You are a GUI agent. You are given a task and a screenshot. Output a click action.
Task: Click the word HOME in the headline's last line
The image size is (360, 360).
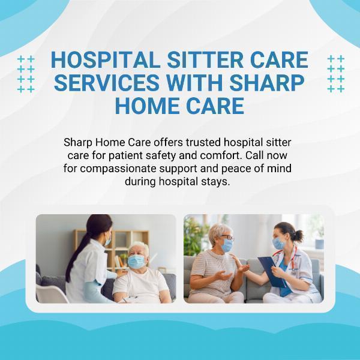147,106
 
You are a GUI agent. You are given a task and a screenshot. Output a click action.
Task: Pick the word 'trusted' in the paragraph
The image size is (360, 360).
203,142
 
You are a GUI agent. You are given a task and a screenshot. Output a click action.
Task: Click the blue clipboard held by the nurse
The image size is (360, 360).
272,272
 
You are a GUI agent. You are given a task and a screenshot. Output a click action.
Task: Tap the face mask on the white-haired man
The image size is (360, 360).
136,261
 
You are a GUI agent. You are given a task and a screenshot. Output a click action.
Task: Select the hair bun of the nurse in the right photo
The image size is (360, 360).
299,235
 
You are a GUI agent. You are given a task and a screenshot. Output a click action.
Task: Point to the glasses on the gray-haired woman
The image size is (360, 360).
227,238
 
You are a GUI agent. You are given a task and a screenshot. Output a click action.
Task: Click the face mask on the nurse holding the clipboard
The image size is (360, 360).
278,244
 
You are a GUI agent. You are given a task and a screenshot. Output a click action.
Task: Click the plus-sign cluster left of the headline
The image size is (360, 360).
26,74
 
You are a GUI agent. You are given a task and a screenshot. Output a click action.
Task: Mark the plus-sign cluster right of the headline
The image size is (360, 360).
336,74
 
